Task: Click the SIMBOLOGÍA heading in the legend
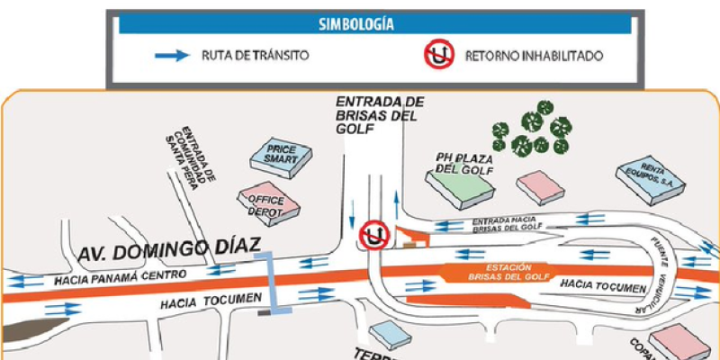(375, 24)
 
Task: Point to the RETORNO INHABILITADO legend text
(534, 56)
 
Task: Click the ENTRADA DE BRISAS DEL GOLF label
(379, 113)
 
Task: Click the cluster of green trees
(533, 128)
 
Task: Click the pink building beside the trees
(541, 186)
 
